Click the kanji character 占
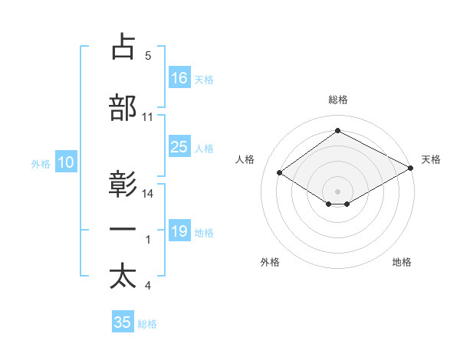123,47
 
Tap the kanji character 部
123,108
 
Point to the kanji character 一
123,230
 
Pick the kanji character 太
123,277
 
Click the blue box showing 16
179,78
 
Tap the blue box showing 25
179,147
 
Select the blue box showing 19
179,231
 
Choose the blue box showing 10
66,162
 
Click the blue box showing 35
123,322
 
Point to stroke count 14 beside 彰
148,194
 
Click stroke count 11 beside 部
148,117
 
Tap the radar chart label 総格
337,100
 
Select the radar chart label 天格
432,159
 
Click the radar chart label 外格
270,262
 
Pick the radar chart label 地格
402,262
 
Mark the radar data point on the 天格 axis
412,168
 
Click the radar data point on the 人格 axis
280,173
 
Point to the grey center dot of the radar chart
337,190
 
